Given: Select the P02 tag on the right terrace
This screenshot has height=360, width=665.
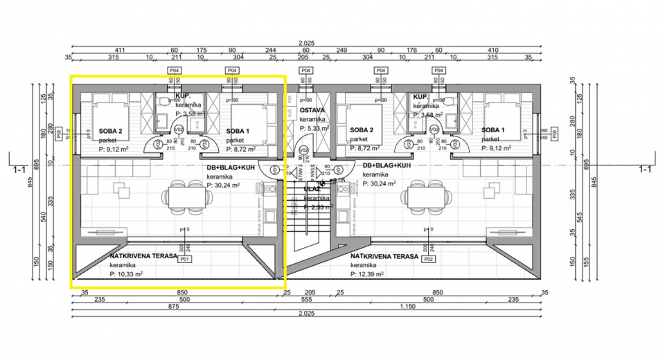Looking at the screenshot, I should (428, 260).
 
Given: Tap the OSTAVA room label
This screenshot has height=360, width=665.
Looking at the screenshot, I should (312, 111).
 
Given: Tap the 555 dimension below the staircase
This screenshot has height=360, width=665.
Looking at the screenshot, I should (310, 299).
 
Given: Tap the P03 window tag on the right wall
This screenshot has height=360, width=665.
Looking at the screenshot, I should (553, 132).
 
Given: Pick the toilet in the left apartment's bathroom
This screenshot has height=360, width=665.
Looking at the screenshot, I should (163, 102).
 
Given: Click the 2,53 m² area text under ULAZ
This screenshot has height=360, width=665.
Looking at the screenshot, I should (318, 206).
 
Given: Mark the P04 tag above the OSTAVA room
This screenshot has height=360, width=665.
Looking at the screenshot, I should (305, 71).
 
